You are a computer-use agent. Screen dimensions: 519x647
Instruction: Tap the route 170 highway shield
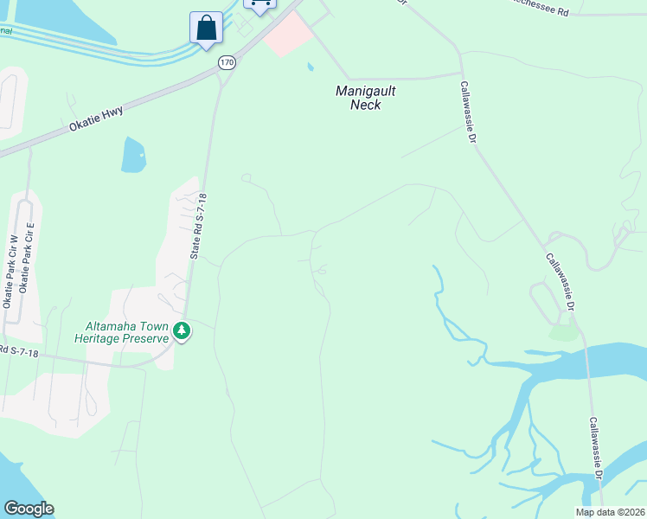[227, 62]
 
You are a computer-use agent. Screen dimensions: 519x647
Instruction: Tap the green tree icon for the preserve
[182, 330]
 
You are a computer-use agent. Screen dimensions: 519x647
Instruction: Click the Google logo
[29, 509]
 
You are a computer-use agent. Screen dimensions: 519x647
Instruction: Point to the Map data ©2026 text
[611, 512]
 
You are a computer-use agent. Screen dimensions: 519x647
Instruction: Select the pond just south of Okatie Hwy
[134, 156]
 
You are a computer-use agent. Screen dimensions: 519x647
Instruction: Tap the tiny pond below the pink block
[310, 66]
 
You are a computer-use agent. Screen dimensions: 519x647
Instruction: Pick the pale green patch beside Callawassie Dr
[563, 332]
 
